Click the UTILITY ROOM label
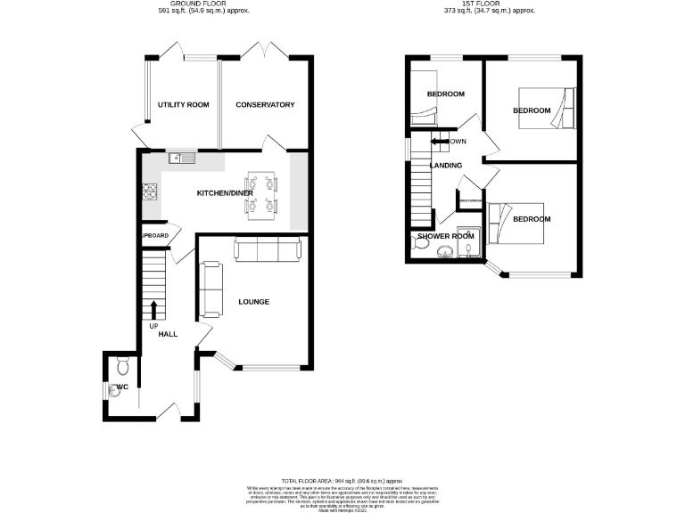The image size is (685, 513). (183, 105)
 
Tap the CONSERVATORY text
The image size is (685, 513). (265, 105)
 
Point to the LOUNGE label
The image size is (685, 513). (253, 302)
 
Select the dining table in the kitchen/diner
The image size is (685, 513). (259, 194)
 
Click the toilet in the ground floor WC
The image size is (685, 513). (122, 365)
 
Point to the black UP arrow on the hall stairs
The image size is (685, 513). (153, 309)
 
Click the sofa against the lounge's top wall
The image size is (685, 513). (268, 250)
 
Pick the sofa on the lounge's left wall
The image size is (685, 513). (211, 289)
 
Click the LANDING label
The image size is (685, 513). (446, 166)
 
